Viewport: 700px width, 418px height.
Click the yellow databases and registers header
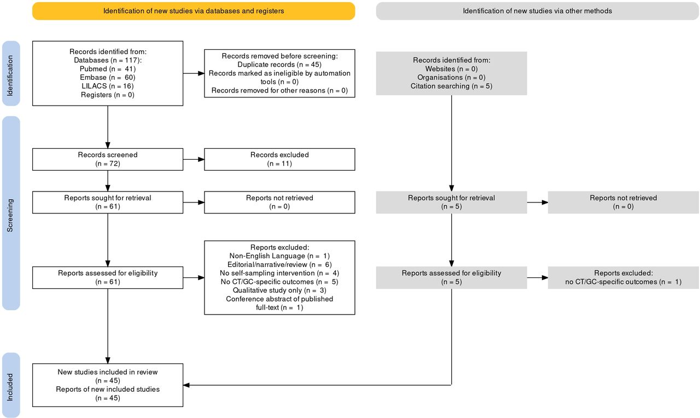(194, 11)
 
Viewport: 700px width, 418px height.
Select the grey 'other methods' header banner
(537, 11)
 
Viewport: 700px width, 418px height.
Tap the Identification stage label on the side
(10, 76)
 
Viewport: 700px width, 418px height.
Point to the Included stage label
(10, 387)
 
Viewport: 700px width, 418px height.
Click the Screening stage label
(10, 216)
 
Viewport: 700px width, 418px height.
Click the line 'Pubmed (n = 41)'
(108, 69)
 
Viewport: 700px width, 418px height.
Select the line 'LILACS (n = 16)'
(108, 86)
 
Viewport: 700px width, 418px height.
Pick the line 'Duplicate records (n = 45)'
(279, 65)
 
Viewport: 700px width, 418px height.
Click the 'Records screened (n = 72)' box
(108, 159)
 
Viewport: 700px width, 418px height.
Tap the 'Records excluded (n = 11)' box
(279, 159)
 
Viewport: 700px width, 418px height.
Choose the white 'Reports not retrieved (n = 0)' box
(279, 202)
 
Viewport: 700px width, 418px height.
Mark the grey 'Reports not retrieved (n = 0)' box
(623, 202)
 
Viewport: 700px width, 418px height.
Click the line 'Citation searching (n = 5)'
(451, 86)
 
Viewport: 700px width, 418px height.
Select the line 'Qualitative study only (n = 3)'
(279, 291)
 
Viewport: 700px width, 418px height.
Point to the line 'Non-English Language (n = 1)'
(279, 256)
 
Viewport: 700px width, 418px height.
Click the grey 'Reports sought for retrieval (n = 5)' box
(451, 202)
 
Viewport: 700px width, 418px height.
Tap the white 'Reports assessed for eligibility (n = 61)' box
(108, 277)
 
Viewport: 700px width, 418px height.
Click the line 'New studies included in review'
(108, 372)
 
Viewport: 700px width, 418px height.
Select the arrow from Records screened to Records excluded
(194, 159)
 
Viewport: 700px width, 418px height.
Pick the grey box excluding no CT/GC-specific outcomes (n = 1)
(623, 277)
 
